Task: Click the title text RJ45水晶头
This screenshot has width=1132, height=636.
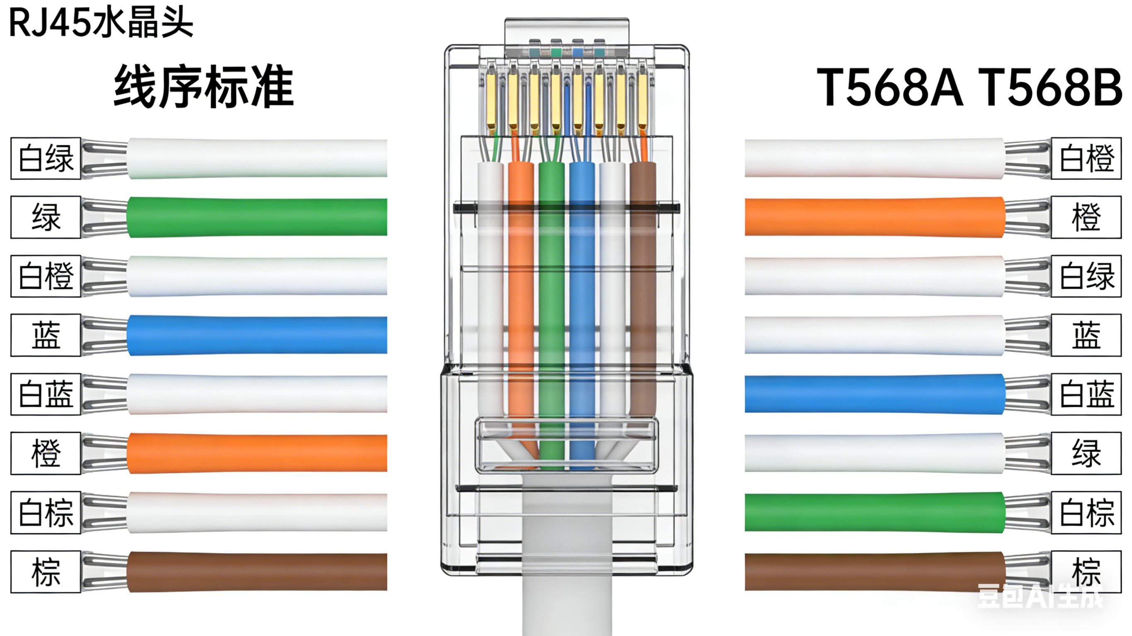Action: tap(101, 23)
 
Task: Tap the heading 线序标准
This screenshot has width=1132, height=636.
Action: tap(204, 86)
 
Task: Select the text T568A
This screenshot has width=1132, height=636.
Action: tap(889, 87)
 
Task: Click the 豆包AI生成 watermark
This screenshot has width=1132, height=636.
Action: tap(1040, 596)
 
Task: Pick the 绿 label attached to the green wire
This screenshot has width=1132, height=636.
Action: tap(46, 217)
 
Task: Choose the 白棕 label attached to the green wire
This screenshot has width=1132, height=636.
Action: tap(1086, 513)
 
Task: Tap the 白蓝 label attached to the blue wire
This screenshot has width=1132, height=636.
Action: tap(1086, 394)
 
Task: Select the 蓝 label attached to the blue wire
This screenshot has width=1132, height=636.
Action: tap(46, 335)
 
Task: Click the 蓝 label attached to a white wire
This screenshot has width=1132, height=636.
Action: tap(1086, 335)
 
